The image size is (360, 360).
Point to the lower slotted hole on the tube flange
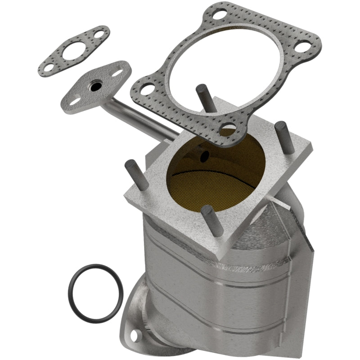pos(74,99)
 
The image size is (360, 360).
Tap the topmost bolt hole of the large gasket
pos(220,14)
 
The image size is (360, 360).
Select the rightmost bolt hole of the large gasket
pos(304,46)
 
